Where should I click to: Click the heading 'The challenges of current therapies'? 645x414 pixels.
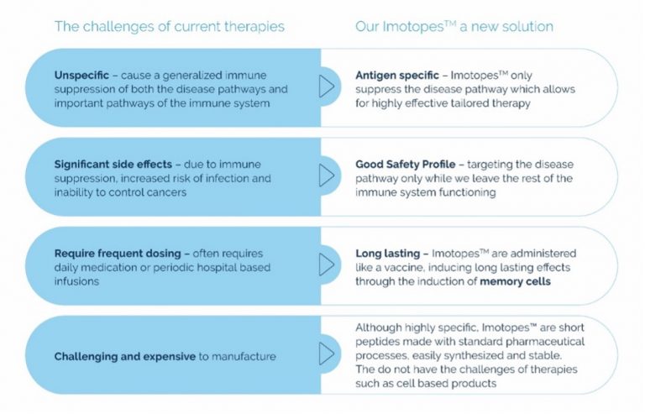[x=170, y=27]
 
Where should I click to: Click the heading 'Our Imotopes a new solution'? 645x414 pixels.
[x=454, y=27]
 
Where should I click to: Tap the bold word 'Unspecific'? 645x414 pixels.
[x=81, y=76]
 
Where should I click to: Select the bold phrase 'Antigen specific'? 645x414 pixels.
[x=397, y=76]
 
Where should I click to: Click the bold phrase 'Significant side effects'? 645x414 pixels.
[x=113, y=165]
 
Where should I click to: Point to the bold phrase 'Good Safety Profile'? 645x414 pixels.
[x=405, y=165]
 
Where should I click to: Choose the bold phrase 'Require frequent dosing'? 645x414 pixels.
[x=118, y=254]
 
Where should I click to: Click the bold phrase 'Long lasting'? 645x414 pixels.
[x=387, y=254]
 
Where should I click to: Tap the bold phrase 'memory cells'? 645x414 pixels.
[x=515, y=281]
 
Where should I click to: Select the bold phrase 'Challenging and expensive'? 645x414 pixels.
[x=124, y=356]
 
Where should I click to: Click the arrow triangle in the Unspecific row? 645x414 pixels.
[x=327, y=86]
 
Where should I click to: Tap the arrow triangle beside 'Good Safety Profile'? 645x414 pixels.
[x=327, y=176]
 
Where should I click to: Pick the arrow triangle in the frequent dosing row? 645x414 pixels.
[x=327, y=265]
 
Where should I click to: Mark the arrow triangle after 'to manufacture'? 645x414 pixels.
[x=327, y=354]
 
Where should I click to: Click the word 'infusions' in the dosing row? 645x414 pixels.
[x=76, y=281]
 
